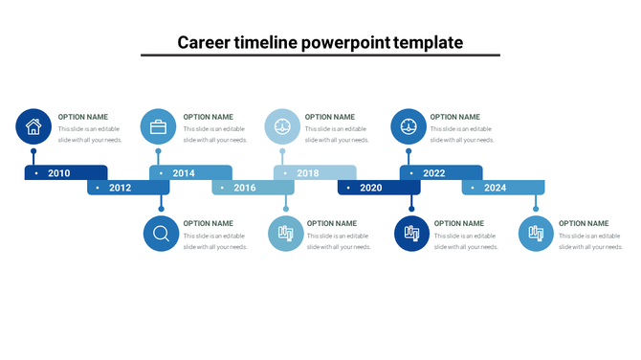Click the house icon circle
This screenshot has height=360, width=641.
click(33, 126)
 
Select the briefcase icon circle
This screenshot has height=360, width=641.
click(159, 126)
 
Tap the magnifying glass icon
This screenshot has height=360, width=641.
click(161, 234)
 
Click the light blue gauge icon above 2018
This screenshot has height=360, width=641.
click(281, 126)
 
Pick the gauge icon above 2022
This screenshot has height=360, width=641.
click(409, 126)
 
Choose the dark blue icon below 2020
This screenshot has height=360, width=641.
click(412, 234)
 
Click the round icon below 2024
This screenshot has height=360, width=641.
click(536, 234)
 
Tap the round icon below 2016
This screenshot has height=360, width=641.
click(285, 234)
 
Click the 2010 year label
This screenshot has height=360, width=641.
click(59, 173)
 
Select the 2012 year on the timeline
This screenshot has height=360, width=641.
click(120, 188)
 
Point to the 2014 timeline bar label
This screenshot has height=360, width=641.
click(184, 173)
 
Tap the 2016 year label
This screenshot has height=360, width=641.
click(245, 188)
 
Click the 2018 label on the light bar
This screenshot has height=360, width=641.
click(308, 173)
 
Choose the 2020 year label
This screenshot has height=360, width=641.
click(371, 188)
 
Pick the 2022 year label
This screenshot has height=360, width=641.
click(434, 173)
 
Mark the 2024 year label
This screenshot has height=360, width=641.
click(496, 188)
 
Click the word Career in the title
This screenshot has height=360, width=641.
click(207, 43)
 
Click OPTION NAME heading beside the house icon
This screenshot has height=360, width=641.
click(83, 117)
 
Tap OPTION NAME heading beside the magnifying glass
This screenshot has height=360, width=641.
click(209, 223)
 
